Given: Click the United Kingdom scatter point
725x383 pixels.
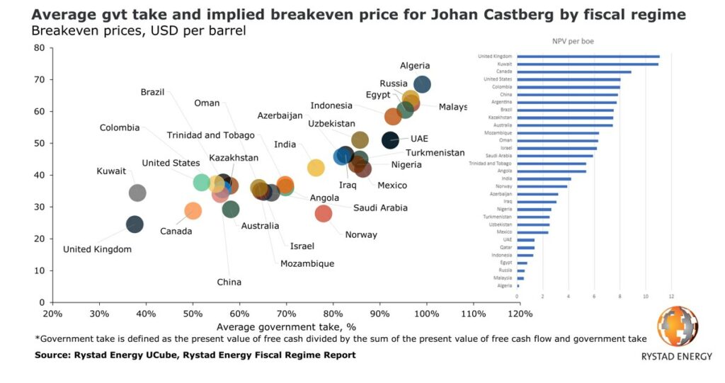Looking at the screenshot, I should pos(135,224).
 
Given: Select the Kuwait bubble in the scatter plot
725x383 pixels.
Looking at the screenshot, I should pos(137,193).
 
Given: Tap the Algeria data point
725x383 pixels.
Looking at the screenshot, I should pos(422,85).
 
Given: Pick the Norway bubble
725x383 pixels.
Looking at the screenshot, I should pos(324,213).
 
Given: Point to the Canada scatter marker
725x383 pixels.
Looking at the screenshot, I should pos(193,210).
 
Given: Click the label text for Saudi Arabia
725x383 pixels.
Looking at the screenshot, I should pos(380,207).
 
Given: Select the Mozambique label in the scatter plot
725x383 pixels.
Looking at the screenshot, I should pos(307,263).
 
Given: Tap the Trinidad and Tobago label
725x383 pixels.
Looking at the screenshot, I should pos(210,135).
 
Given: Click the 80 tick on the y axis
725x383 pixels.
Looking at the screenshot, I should pos(40,48).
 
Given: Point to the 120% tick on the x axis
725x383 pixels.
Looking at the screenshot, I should pos(520,314).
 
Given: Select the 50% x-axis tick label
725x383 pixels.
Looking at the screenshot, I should pos(193,314).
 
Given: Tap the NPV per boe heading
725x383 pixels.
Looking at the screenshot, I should pos(573,42).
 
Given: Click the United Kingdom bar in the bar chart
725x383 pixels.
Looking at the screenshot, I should pos(588,56).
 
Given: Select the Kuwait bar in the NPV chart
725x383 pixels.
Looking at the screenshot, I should pos(588,64).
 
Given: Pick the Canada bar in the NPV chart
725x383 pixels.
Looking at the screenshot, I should pos(573,72).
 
